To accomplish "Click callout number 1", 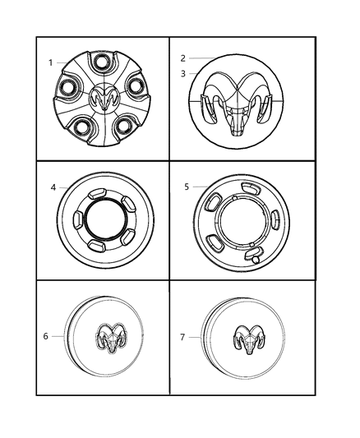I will pos(51,62).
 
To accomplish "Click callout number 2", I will pos(183,58).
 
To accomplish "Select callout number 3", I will pos(183,73).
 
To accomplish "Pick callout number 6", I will pos(46,335).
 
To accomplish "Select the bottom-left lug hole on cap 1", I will pos(81,126).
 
